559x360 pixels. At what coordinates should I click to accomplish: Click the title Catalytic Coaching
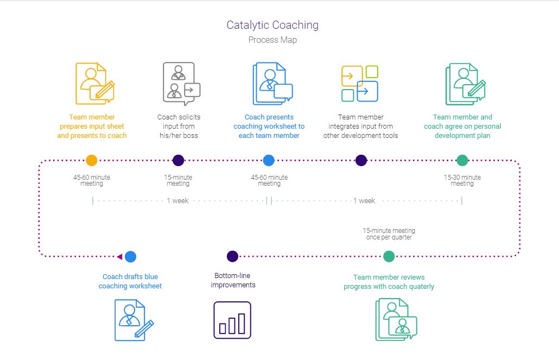click(x=272, y=25)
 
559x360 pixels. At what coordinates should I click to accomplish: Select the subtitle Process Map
click(x=272, y=40)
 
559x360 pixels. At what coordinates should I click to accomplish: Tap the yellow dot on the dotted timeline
click(x=92, y=160)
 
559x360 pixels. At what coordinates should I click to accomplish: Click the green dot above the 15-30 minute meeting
click(x=462, y=160)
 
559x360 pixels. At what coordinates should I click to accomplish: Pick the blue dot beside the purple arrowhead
click(x=130, y=257)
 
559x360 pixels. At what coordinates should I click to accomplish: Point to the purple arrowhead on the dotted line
click(x=119, y=257)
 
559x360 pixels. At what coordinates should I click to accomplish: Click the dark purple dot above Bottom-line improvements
click(x=233, y=256)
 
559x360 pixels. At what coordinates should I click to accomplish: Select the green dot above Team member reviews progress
click(x=389, y=256)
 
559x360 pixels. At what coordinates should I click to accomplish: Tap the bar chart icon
click(x=232, y=320)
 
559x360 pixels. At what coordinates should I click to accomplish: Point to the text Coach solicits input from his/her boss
click(x=178, y=126)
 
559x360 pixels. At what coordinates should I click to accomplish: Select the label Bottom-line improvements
click(x=233, y=280)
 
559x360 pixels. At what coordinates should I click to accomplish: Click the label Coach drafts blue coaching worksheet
click(x=130, y=281)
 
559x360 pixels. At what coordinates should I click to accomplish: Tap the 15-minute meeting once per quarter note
click(x=389, y=234)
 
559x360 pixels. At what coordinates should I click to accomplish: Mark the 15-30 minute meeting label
click(x=462, y=180)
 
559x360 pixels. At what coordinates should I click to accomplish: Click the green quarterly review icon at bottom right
click(x=396, y=320)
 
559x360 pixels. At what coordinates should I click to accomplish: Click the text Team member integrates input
click(x=361, y=126)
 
